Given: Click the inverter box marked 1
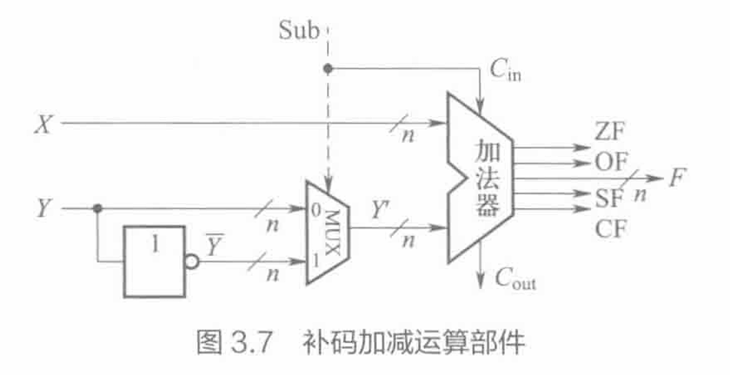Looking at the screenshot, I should click(154, 261).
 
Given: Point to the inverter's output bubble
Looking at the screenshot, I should click(191, 262).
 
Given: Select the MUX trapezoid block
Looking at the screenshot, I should click(328, 231).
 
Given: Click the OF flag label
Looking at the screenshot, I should click(610, 162).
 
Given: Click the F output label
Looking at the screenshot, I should click(679, 177).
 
